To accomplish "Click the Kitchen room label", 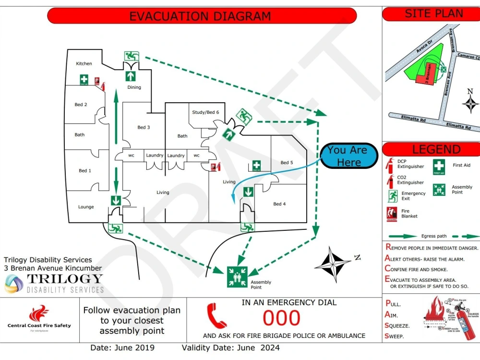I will (x=84, y=64).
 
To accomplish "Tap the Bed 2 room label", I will (x=81, y=105).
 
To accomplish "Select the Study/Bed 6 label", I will (x=205, y=112).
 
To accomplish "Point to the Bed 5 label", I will (x=287, y=163).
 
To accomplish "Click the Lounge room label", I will (x=86, y=207).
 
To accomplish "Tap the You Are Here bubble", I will (x=348, y=156).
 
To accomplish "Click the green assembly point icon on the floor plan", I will (x=237, y=277).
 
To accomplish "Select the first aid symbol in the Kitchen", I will (x=84, y=80).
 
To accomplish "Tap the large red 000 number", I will (x=282, y=318).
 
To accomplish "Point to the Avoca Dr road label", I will (x=416, y=47).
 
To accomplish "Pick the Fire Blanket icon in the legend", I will (x=391, y=214).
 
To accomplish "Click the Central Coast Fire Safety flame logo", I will (x=38, y=314).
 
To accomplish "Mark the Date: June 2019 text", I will (x=122, y=348).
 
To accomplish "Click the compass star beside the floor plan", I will (x=332, y=264).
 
